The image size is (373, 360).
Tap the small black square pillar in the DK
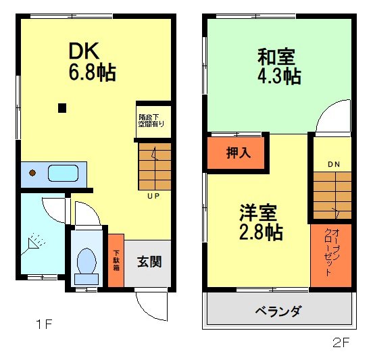tap(62, 107)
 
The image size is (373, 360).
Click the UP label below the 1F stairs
tap(153, 197)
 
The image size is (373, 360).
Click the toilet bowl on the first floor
tap(86, 263)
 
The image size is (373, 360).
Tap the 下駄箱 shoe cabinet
tap(116, 261)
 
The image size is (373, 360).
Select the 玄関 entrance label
tap(149, 261)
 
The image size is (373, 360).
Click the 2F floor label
tap(341, 342)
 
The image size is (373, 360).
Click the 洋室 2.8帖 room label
tap(260, 223)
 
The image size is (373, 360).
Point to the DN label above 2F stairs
tap(334, 164)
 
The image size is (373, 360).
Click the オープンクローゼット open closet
tap(331, 253)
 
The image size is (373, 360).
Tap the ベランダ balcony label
tap(278, 311)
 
